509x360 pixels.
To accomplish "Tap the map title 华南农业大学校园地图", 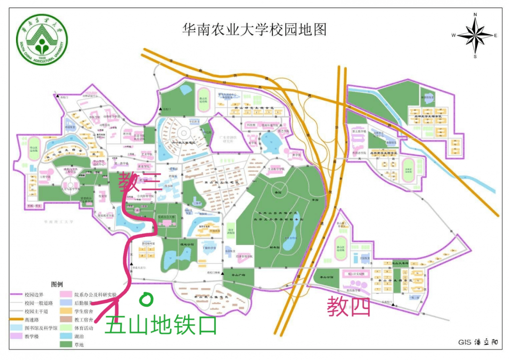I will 254,30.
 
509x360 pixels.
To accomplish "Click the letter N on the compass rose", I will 475,15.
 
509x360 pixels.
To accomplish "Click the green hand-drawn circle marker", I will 146,298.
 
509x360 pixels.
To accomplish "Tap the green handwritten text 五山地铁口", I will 160,325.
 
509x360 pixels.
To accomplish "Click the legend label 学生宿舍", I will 84,311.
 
